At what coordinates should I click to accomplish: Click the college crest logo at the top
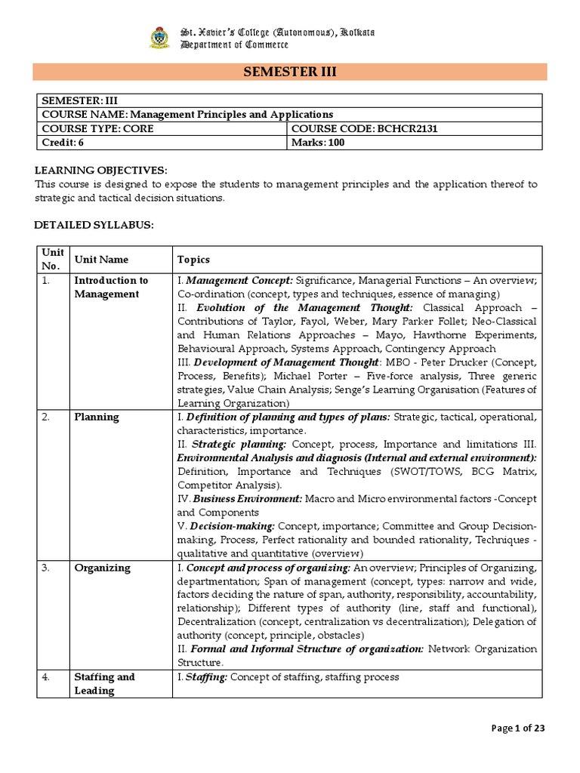point(159,38)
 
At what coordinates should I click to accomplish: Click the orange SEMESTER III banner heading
point(289,72)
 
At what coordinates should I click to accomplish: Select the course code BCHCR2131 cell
point(364,128)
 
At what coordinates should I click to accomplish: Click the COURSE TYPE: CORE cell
point(97,128)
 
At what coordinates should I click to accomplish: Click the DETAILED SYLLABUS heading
point(94,225)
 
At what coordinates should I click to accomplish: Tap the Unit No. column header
point(52,259)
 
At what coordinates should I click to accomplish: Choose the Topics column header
point(193,260)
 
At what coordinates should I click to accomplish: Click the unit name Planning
point(96,417)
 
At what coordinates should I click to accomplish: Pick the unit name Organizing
point(102,568)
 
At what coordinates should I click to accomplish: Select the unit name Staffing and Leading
point(104,683)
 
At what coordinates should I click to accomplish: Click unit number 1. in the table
point(47,280)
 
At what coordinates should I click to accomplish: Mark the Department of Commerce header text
point(229,45)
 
